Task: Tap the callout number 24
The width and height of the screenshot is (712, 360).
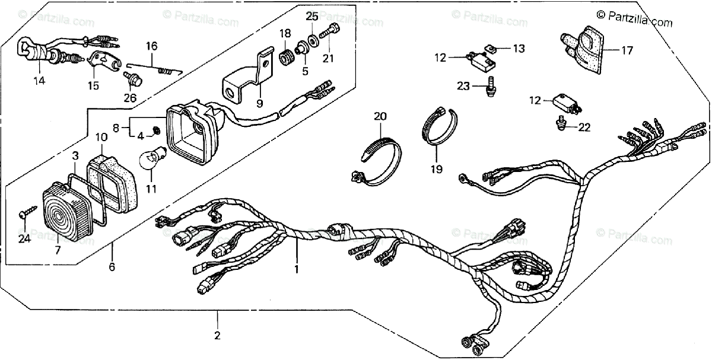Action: pos(23,238)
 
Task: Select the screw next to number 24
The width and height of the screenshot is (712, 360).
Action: pos(28,210)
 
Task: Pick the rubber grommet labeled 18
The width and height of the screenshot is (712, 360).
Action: pos(286,60)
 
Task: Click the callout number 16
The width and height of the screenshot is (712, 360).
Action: pos(151,46)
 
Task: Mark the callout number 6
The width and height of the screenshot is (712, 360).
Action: pos(112,267)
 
